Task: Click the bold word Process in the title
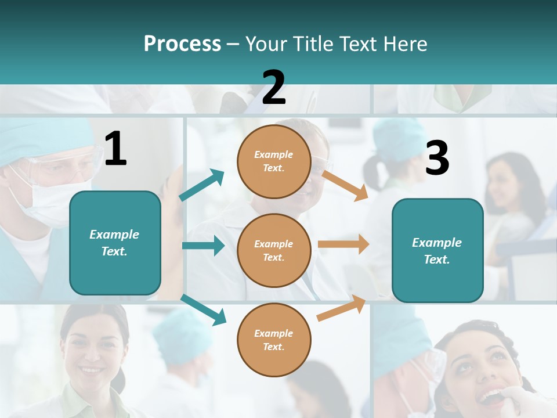point(182,44)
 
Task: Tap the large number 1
point(115,149)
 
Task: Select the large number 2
point(274,88)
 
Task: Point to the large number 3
point(437,158)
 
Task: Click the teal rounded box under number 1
point(115,243)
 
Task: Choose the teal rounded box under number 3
point(437,250)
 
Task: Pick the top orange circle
point(274,161)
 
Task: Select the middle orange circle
point(274,250)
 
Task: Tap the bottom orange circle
point(274,340)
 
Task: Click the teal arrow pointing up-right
point(201,185)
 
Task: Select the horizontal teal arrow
point(203,246)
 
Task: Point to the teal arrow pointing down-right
point(203,309)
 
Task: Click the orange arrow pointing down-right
point(345,185)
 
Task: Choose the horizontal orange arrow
point(343,244)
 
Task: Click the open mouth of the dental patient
point(491,397)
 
